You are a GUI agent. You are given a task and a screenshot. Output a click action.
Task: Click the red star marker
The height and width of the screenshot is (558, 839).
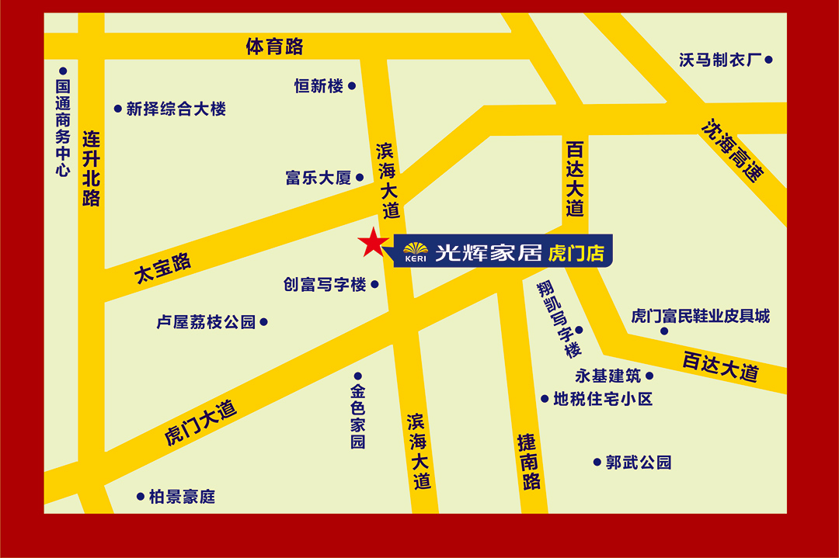(x=372, y=244)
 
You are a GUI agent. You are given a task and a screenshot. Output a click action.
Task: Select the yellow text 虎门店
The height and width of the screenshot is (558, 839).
(x=576, y=253)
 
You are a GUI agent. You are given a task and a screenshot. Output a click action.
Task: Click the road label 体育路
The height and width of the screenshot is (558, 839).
(x=274, y=47)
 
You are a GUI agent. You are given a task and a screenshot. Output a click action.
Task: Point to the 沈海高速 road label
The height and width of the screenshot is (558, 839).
(x=732, y=150)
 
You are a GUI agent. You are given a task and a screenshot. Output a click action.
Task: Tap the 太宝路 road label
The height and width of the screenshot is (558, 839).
(x=162, y=269)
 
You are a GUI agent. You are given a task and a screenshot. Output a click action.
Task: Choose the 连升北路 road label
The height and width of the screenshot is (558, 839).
(x=92, y=168)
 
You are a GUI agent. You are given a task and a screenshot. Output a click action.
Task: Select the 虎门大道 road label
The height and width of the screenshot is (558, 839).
(x=200, y=423)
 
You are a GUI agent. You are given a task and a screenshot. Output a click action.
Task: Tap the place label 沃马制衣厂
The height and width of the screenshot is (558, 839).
(x=718, y=60)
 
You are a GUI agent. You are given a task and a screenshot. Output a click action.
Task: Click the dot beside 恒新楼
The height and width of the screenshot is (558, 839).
(x=352, y=86)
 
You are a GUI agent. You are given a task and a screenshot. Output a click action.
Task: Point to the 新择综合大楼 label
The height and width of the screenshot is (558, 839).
(x=176, y=109)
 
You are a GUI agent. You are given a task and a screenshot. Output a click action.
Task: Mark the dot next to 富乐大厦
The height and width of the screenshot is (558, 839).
(x=360, y=178)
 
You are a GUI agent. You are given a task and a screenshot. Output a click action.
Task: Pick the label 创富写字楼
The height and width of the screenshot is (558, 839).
(x=325, y=285)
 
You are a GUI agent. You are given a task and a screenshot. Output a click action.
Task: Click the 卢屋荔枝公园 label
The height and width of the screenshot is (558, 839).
(x=206, y=322)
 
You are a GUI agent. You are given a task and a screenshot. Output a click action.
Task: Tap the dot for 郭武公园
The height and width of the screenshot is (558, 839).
(x=597, y=462)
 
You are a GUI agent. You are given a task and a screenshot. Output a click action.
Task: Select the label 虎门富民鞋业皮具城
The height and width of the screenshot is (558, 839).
(x=700, y=316)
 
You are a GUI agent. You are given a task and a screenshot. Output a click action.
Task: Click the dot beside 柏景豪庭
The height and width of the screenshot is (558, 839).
(x=141, y=496)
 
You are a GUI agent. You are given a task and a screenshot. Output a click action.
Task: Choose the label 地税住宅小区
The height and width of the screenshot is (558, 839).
(x=603, y=399)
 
